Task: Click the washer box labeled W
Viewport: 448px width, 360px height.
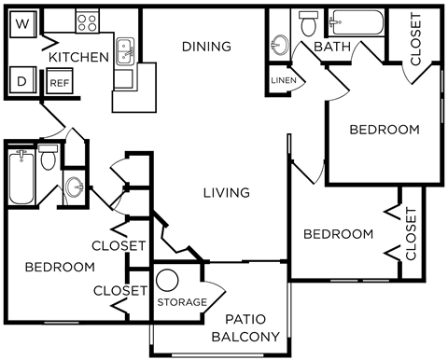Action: click(x=23, y=21)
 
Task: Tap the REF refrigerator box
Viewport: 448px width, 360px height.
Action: click(x=58, y=82)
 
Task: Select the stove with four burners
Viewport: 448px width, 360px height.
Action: click(x=87, y=21)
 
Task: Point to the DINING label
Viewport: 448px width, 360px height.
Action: click(x=206, y=47)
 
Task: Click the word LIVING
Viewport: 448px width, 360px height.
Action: click(x=227, y=193)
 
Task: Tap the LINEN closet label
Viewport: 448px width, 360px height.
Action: click(x=283, y=80)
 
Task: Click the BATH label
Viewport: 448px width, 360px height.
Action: click(x=331, y=47)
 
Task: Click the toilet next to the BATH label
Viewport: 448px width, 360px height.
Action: click(x=308, y=22)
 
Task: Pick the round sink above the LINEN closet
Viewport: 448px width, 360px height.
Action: click(x=278, y=44)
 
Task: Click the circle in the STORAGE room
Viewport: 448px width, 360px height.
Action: click(x=168, y=280)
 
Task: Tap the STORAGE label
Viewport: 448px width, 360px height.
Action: click(x=181, y=303)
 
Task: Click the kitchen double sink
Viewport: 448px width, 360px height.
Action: click(x=123, y=49)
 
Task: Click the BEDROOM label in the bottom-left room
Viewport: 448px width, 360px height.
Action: click(x=60, y=267)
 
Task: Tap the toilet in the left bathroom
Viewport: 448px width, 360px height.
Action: click(x=49, y=157)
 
